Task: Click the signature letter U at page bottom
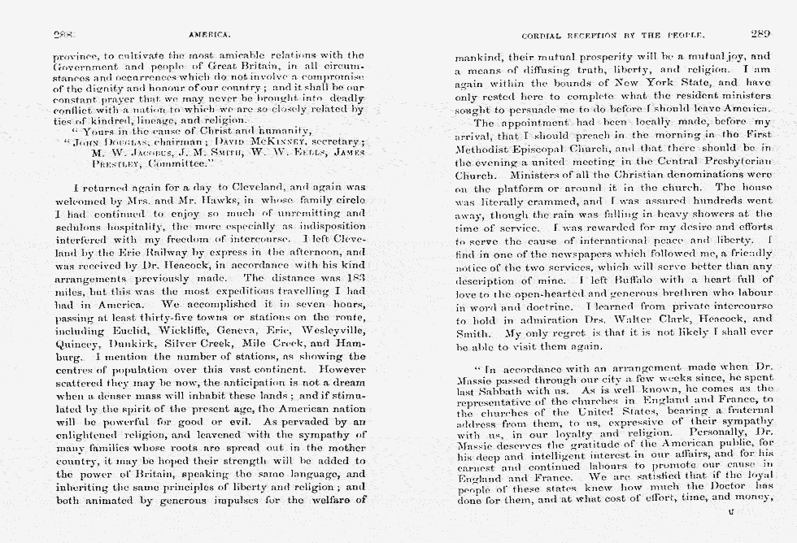pyautogui.click(x=732, y=513)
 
